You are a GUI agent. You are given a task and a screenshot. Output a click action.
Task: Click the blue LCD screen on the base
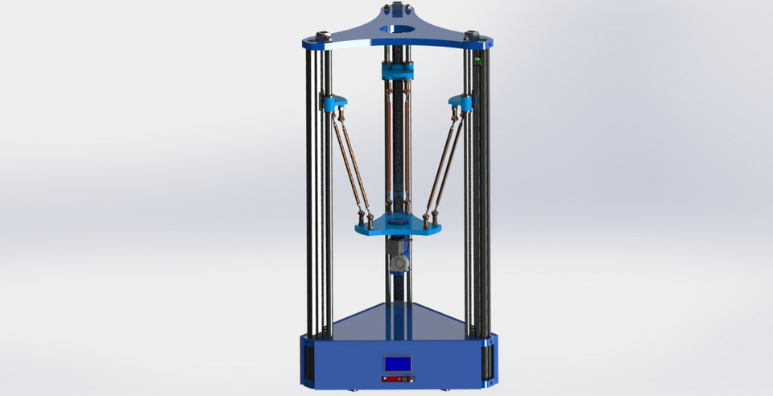click(398, 364)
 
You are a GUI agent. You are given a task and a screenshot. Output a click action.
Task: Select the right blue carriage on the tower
click(462, 102)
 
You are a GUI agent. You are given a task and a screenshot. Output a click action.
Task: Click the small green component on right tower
click(477, 61)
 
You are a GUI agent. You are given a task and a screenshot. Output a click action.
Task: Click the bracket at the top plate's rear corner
click(398, 9)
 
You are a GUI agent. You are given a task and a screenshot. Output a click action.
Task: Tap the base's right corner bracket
click(489, 359)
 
